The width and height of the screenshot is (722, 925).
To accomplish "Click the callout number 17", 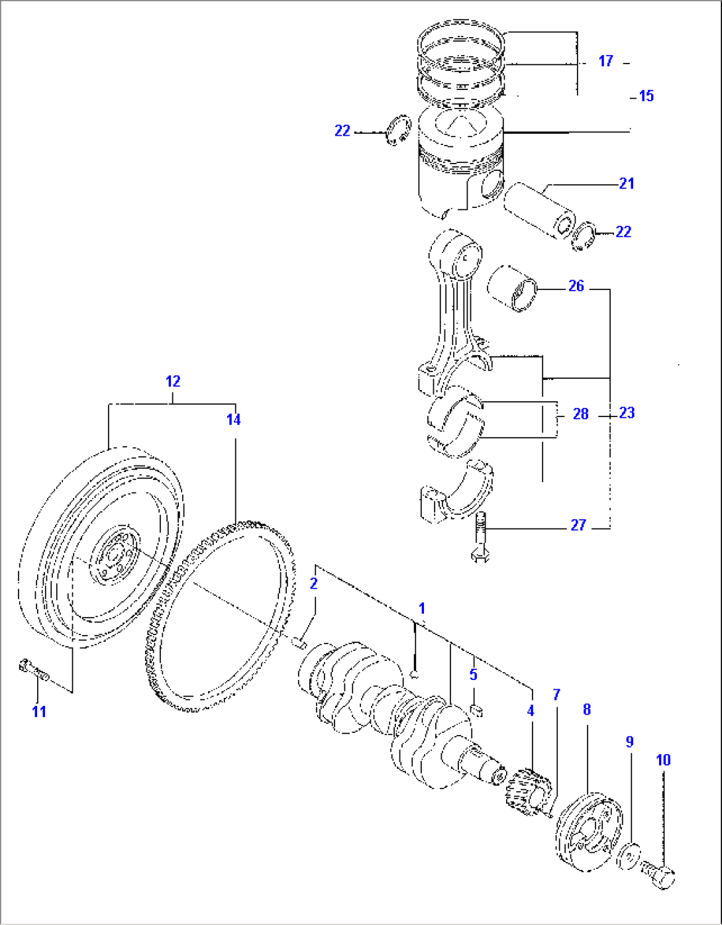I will pyautogui.click(x=605, y=61).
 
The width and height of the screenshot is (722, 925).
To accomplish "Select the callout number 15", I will pyautogui.click(x=646, y=96).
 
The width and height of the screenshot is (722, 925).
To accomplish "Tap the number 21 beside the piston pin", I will pyautogui.click(x=626, y=183).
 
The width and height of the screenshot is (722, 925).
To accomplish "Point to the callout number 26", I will pyautogui.click(x=576, y=286).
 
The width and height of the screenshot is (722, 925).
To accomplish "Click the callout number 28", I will pyautogui.click(x=580, y=414).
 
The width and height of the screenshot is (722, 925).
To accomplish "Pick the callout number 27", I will pyautogui.click(x=578, y=525).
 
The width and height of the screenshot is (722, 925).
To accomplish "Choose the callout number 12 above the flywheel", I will pyautogui.click(x=173, y=381).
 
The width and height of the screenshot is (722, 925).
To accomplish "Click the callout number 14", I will pyautogui.click(x=233, y=420).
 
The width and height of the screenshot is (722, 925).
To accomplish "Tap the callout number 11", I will pyautogui.click(x=39, y=712).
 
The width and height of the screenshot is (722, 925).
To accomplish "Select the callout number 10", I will pyautogui.click(x=663, y=760).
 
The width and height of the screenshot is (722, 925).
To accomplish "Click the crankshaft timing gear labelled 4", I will pyautogui.click(x=528, y=791).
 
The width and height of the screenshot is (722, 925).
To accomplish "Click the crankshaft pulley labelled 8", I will pyautogui.click(x=589, y=828).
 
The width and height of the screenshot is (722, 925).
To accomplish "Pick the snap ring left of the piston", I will pyautogui.click(x=397, y=130).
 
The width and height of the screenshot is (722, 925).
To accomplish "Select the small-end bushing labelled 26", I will pyautogui.click(x=512, y=289).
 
